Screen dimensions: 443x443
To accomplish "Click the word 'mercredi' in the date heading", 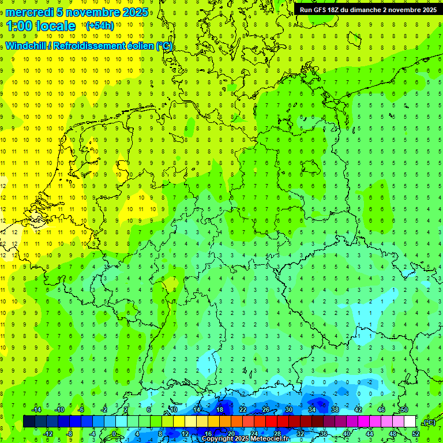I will click(29, 12).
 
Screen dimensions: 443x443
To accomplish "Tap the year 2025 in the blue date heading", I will click(134, 12).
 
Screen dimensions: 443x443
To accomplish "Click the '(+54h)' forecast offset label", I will click(100, 26).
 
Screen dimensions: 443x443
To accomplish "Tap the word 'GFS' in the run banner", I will click(320, 10).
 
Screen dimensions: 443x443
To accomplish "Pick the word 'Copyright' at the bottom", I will click(218, 439).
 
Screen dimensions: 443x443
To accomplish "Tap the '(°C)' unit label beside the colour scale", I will click(429, 422).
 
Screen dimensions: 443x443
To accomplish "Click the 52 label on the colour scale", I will click(416, 434).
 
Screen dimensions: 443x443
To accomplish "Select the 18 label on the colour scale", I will click(220, 410).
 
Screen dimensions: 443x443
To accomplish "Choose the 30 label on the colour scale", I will click(289, 410).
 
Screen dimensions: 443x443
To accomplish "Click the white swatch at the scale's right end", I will click(410, 422).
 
